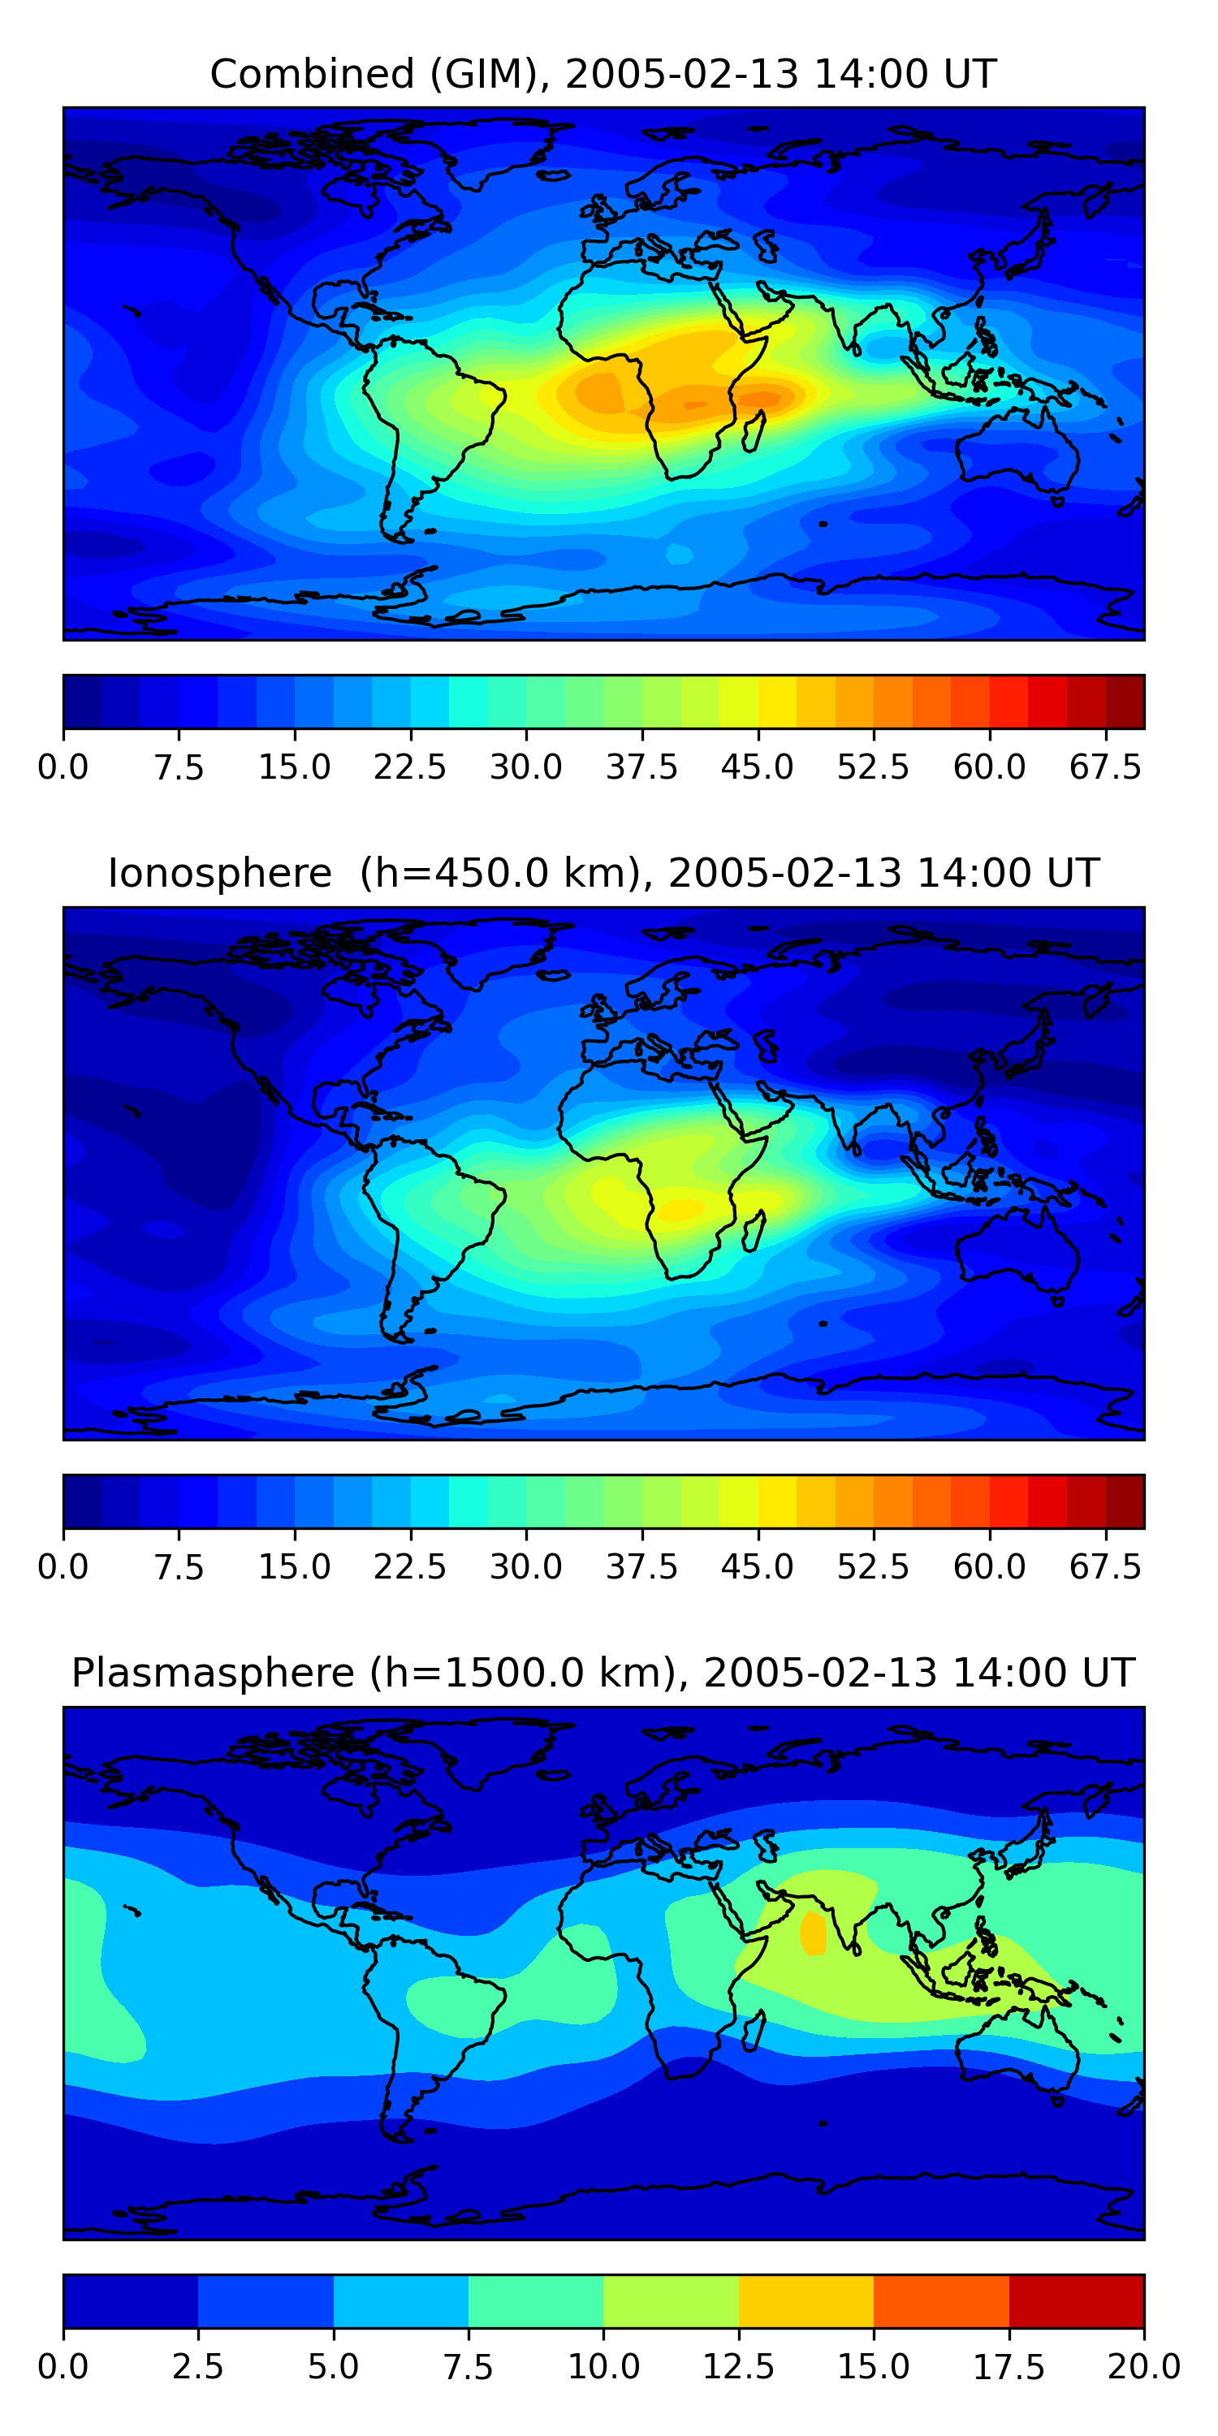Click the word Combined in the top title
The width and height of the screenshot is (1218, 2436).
312,74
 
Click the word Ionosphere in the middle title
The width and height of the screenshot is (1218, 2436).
220,873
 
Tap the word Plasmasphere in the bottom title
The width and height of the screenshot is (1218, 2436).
213,1674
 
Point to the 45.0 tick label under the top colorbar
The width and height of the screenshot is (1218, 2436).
758,767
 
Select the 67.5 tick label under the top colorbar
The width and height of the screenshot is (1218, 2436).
1105,767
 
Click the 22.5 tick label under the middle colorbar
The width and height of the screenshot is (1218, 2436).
409,1567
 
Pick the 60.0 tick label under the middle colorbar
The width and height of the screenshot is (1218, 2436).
989,1567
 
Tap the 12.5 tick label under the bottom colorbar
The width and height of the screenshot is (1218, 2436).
739,2367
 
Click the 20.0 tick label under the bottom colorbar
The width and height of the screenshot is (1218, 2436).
1144,2367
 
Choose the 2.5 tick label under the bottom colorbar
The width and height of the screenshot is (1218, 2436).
197,2367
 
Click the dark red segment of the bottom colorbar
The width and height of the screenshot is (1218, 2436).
1077,2300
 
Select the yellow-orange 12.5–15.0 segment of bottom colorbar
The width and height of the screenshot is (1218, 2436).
806,2300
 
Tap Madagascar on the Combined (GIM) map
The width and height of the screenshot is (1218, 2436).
754,431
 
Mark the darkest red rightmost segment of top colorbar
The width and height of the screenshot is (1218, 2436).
1125,702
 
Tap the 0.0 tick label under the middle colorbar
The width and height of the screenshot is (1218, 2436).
63,1567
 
